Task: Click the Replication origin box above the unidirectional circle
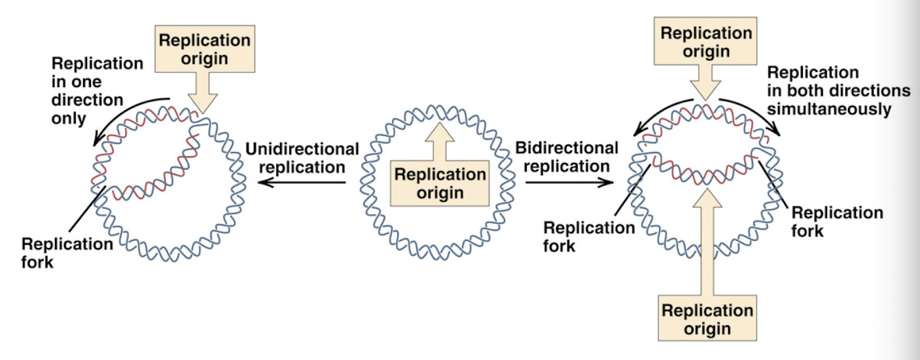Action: tap(205, 49)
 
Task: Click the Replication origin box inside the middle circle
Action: tap(440, 184)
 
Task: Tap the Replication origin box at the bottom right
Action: tap(707, 319)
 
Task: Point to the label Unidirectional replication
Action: tap(302, 158)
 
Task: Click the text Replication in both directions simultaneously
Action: tap(838, 90)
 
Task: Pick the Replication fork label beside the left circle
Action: tap(67, 253)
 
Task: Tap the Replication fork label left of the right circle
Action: tap(589, 236)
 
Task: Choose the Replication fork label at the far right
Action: tap(837, 221)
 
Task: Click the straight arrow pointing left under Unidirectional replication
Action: tap(301, 183)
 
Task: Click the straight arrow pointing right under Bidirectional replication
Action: tap(569, 183)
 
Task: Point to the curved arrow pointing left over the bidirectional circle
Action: tap(657, 113)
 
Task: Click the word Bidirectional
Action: tap(567, 149)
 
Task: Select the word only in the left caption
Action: tap(69, 119)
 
